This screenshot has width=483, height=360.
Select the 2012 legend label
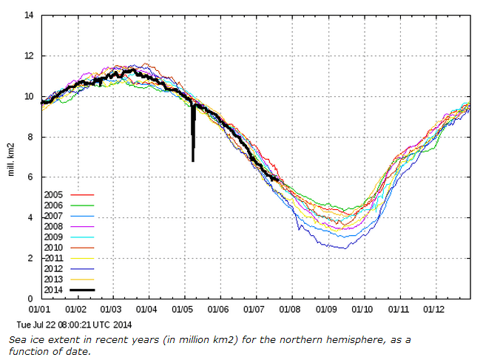(x=54, y=268)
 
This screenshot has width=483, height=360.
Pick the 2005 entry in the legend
(x=54, y=194)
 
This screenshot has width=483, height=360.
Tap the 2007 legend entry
(x=54, y=216)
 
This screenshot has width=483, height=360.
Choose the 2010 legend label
(x=54, y=247)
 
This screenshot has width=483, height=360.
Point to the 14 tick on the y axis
(x=29, y=16)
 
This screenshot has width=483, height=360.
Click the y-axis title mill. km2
(x=11, y=157)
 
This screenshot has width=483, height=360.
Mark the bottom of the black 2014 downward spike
(x=193, y=160)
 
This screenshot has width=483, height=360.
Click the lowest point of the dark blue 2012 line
(x=344, y=248)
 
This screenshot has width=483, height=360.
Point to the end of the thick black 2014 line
(x=279, y=180)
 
